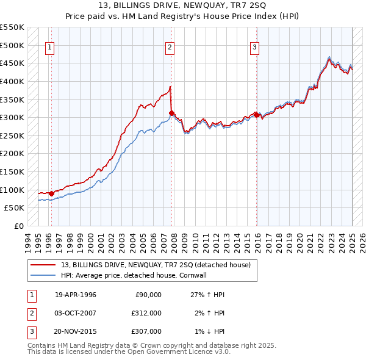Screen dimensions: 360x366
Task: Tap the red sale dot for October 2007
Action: pos(172,113)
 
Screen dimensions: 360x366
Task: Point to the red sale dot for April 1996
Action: pos(51,193)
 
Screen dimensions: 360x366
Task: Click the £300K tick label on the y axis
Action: pos(12,117)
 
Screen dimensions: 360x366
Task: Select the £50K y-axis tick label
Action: pos(14,207)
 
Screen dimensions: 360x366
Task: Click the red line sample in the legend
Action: pos(43,264)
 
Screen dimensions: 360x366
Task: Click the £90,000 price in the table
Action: pos(147,295)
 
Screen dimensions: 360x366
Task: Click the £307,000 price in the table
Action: pos(147,331)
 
